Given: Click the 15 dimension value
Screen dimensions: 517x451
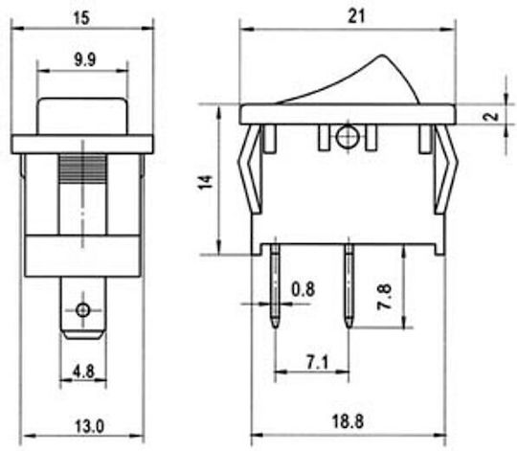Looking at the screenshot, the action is pos(81,18).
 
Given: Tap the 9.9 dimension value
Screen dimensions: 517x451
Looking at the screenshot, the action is pos(85,60).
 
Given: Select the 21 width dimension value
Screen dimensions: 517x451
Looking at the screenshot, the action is pos(356,16).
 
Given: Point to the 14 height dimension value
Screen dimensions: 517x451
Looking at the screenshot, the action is pos(206,182).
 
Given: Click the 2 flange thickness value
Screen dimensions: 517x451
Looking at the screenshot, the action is pos(493,117).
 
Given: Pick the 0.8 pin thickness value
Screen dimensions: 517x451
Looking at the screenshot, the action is pos(303,289).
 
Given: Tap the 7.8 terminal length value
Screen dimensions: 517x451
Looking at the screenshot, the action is pos(385,296).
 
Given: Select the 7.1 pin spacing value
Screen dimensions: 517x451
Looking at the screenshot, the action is pos(318,363).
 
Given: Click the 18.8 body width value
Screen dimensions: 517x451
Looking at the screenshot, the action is pos(348,421).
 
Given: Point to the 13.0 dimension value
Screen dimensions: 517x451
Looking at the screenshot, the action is pos(89,426).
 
